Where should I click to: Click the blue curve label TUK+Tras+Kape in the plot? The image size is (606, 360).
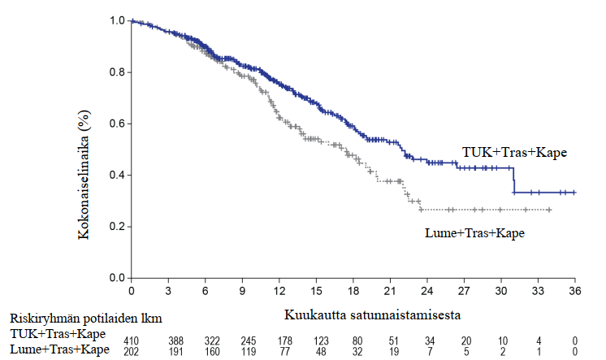[514, 152]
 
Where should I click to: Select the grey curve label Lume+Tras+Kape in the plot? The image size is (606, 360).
[474, 233]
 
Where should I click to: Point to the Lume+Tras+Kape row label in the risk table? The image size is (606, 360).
[59, 349]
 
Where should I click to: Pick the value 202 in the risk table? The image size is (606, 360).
[132, 350]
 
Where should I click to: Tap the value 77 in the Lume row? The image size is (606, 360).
[279, 350]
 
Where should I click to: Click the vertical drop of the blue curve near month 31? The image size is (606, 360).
[513, 180]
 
